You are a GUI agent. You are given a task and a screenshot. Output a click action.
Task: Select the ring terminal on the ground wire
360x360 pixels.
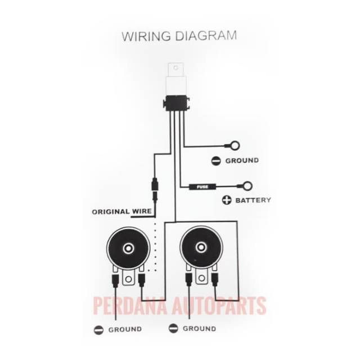tap(234, 146)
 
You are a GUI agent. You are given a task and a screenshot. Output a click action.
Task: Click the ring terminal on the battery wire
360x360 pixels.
tap(246, 186)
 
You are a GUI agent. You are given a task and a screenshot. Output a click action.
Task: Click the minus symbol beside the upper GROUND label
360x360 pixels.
tap(216, 161)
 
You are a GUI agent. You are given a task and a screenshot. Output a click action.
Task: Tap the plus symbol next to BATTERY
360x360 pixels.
tap(227, 200)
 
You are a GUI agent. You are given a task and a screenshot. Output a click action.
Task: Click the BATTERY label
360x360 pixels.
tap(253, 200)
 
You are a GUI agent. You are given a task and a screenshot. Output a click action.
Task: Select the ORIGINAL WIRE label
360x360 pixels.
tap(120, 212)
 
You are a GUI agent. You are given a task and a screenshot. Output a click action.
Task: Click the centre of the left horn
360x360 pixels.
tap(128, 248)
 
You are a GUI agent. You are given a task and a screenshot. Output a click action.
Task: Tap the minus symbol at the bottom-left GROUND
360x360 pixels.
tap(98, 329)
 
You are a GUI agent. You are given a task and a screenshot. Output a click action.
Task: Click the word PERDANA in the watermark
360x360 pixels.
tap(130, 307)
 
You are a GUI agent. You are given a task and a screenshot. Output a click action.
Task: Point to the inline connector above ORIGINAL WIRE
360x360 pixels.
tap(156, 185)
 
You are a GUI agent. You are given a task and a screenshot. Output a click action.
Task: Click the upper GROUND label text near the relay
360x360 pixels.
tap(242, 161)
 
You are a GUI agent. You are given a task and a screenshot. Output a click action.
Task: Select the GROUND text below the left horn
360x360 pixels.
tap(125, 329)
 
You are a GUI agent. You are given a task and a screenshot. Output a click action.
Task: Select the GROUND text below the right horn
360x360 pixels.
tap(199, 328)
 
